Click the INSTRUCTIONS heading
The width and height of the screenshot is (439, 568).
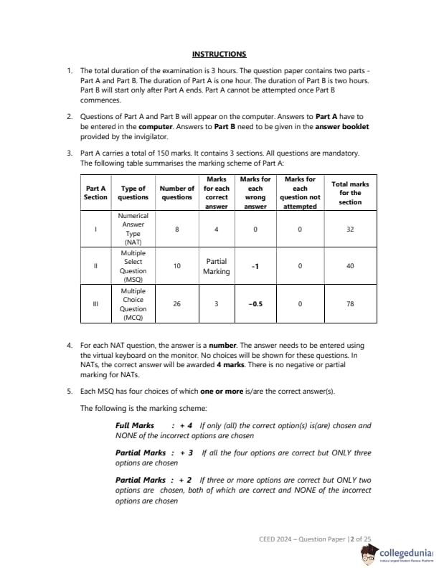(x=219, y=54)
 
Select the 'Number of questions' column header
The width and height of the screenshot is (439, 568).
(x=176, y=192)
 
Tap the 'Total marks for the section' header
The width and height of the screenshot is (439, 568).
(x=350, y=193)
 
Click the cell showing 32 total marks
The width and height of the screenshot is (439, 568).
(x=350, y=229)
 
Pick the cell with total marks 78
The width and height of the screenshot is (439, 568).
(x=350, y=303)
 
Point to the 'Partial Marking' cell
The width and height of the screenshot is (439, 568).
(x=217, y=267)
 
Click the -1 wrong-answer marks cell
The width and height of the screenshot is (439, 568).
(x=255, y=266)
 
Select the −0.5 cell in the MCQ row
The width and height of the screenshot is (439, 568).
(x=255, y=303)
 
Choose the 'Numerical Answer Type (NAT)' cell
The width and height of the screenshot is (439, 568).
(x=133, y=229)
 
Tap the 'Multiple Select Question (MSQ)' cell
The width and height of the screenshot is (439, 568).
(x=133, y=266)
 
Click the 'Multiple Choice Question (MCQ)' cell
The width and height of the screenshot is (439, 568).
(x=133, y=303)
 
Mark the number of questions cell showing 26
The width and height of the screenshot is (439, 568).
(x=176, y=303)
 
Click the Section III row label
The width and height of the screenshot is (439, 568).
(x=95, y=303)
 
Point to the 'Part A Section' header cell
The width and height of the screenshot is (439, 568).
(x=95, y=192)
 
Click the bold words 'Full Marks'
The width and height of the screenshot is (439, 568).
(x=135, y=425)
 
